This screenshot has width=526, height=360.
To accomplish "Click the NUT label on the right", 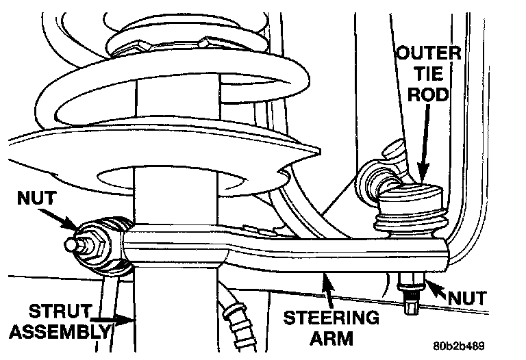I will [x=468, y=298].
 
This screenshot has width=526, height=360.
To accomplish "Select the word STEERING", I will [x=330, y=318].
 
